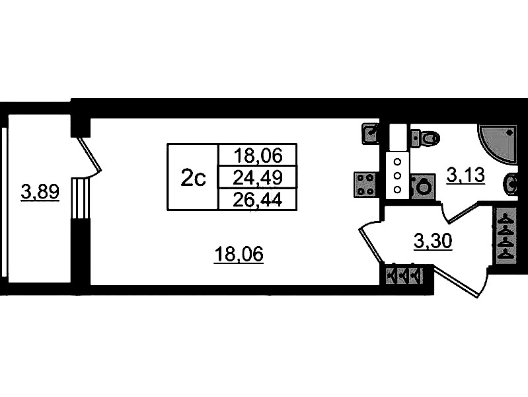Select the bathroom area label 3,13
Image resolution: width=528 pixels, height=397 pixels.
click(x=466, y=175)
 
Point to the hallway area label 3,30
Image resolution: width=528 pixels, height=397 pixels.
click(x=433, y=242)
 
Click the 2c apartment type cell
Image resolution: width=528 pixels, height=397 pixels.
click(x=193, y=177)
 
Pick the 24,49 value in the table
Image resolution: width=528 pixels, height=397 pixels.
click(x=258, y=177)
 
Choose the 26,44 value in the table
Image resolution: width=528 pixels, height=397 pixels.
click(x=258, y=199)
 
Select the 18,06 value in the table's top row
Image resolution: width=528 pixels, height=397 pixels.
click(x=258, y=155)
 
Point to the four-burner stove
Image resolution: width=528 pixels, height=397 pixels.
click(x=366, y=183)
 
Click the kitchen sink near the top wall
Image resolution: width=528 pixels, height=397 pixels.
click(x=371, y=134)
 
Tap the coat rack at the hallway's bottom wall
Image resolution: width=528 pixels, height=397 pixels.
click(x=401, y=274)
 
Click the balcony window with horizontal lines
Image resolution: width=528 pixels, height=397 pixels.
click(x=80, y=197)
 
